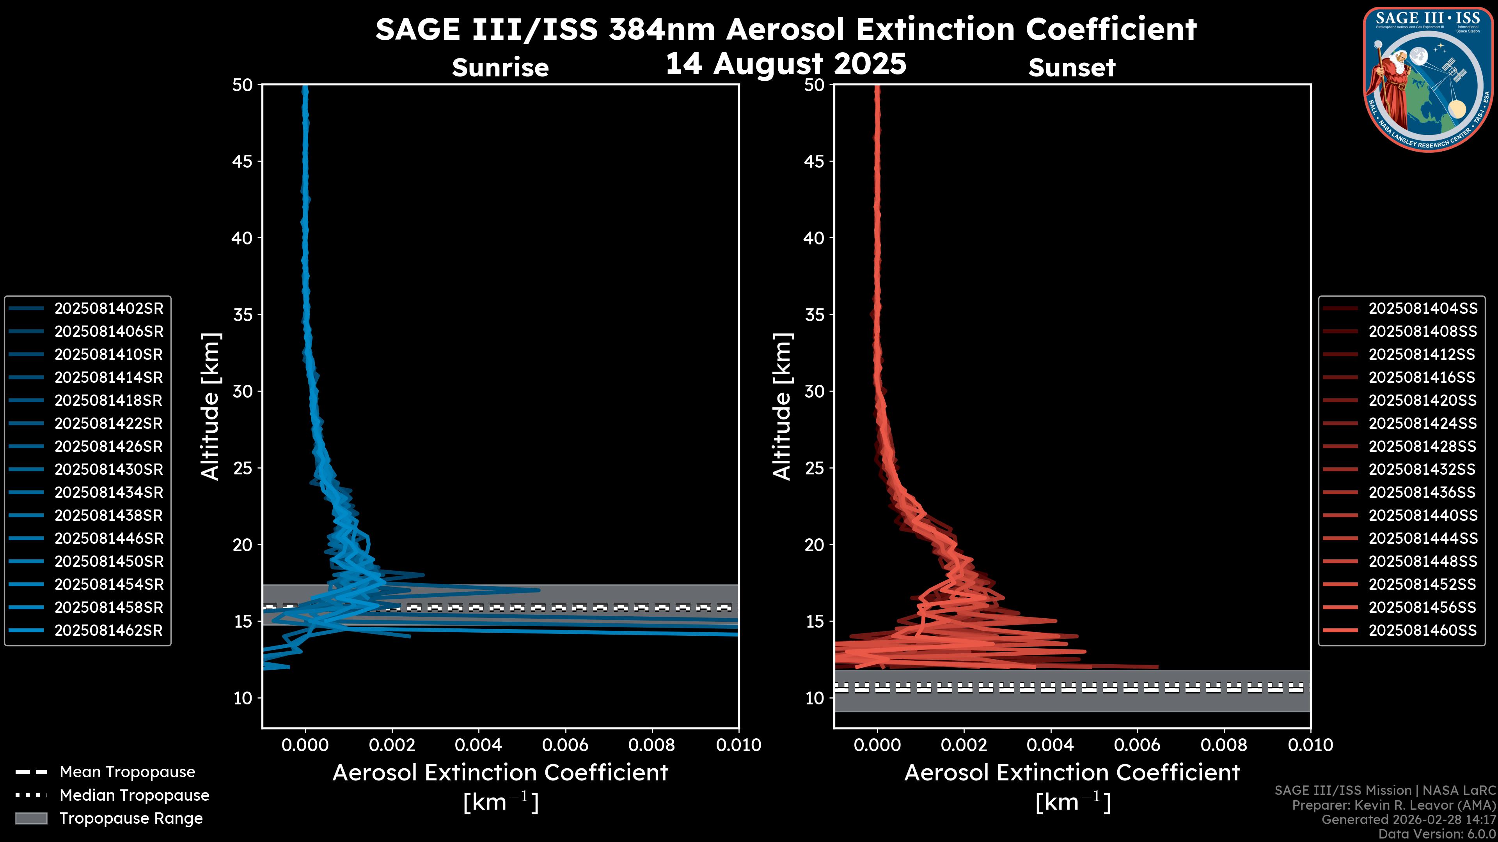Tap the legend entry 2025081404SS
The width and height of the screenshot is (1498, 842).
(x=1422, y=309)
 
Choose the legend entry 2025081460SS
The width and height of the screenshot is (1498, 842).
(x=1422, y=630)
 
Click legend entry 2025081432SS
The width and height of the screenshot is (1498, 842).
(x=1422, y=469)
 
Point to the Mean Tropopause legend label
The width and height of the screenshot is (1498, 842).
(x=127, y=772)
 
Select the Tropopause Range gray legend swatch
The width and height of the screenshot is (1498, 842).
(x=31, y=818)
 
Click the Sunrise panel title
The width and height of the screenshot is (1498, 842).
(x=500, y=68)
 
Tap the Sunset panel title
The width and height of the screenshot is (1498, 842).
(x=1072, y=68)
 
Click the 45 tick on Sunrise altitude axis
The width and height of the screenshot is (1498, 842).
(x=242, y=161)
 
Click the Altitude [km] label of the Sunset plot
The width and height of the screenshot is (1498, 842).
(x=782, y=407)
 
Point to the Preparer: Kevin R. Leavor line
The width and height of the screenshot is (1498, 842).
(x=1393, y=805)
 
